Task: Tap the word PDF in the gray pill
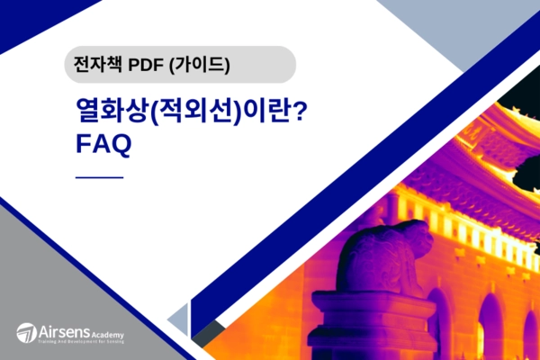tap(146, 65)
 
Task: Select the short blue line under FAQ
tap(99, 177)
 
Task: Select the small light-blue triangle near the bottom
tap(181, 318)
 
